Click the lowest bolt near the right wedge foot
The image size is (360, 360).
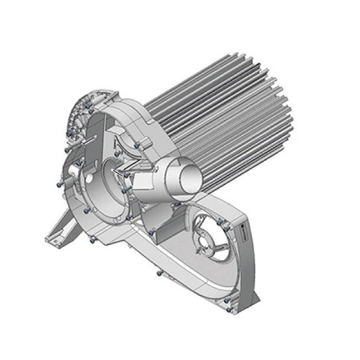[227, 302]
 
